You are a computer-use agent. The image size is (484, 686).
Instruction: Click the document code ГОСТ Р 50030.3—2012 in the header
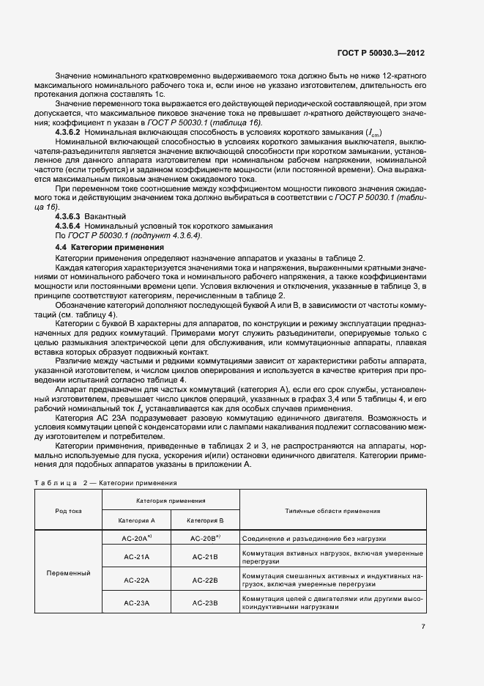coord(381,53)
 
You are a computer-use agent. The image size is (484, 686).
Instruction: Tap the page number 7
coord(423,626)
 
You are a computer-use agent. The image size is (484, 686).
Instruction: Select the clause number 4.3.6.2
coord(70,131)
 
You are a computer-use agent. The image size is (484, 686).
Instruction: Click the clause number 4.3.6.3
coord(70,217)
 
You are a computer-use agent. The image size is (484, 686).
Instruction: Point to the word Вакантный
coord(105,217)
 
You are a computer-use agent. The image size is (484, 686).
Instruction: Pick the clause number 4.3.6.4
coord(70,226)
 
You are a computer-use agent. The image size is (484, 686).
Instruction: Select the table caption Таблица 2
coord(61,484)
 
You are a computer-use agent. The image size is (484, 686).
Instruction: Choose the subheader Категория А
coord(136,520)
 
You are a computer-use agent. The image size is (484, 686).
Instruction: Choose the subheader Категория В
coord(205,520)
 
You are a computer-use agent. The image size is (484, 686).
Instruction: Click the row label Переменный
coord(68,572)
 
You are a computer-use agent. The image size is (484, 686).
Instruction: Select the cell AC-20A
coord(136,538)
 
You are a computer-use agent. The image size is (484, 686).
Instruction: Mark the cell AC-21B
coord(205,557)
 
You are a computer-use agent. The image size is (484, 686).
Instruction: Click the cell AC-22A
coord(136,580)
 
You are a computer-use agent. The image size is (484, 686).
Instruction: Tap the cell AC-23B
coord(205,602)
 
